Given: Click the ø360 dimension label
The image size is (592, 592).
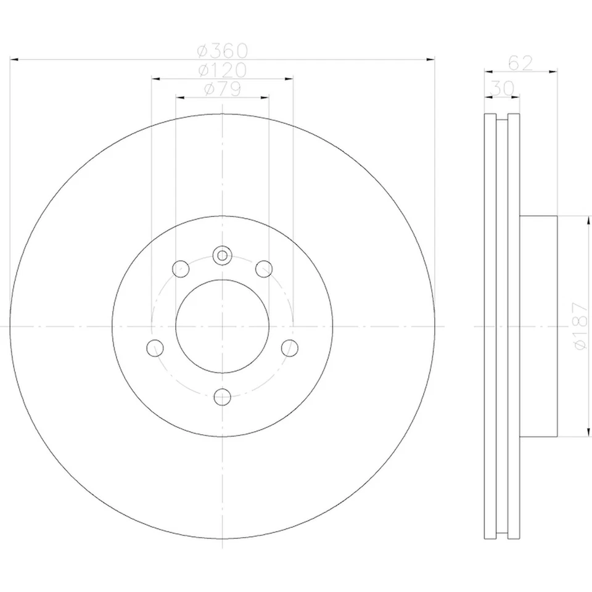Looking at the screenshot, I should tap(222, 49).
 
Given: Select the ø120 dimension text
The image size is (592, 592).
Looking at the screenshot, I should tap(222, 70).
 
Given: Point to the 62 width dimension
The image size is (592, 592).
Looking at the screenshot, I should tap(520, 63).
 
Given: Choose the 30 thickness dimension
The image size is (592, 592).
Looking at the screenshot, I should tap(501, 89).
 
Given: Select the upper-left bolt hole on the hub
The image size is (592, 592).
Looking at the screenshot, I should tap(181, 268).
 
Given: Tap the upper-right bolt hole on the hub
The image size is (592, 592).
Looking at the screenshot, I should tap(264, 268).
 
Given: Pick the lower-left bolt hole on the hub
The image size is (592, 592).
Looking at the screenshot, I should tap(155, 348).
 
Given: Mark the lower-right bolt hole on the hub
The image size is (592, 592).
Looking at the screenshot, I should tap(290, 348).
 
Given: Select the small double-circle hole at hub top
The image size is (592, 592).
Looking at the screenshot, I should tap(222, 254).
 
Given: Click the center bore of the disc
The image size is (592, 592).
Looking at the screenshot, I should tap(222, 326).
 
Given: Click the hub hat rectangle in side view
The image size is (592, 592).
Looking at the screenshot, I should tap(538, 326).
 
